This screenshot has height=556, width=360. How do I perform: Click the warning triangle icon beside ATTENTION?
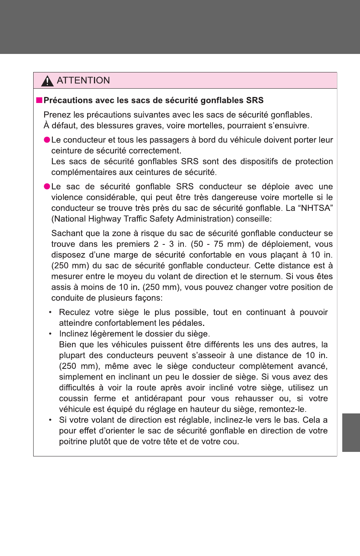(x=48, y=81)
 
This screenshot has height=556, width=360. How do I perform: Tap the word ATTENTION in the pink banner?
(x=83, y=80)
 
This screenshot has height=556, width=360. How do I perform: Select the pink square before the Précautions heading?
(x=39, y=100)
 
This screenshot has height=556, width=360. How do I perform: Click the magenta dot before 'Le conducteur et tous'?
(x=47, y=140)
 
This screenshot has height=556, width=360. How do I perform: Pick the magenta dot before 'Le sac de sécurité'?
(x=47, y=186)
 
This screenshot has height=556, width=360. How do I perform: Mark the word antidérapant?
(x=158, y=399)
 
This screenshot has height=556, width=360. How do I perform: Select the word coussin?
(x=74, y=399)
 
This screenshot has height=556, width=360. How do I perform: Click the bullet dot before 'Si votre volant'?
(x=50, y=420)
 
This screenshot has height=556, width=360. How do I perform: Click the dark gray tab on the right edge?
(x=351, y=432)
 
